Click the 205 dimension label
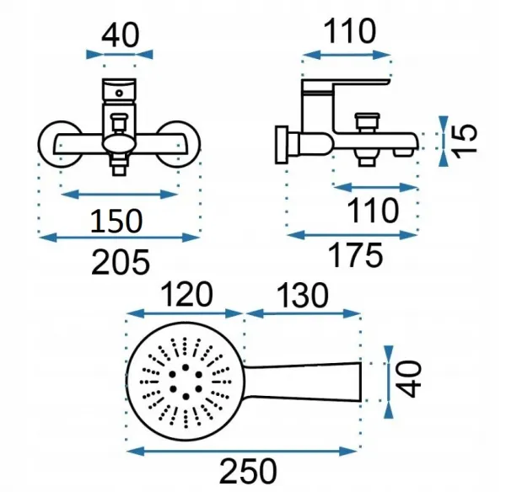[121, 261]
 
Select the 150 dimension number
[116, 221]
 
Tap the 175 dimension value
[357, 255]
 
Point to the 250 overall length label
[248, 471]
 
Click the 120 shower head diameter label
[186, 294]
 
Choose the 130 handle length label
[303, 295]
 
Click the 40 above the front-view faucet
[121, 35]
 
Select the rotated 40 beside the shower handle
[408, 379]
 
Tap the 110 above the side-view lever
[350, 31]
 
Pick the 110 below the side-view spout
[373, 211]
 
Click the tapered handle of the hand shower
[302, 381]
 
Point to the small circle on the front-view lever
[120, 94]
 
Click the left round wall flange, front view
[59, 144]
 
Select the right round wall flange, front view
[179, 144]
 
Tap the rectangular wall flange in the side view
[282, 144]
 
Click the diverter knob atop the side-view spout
[367, 123]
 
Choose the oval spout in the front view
[119, 144]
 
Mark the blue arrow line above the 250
[242, 451]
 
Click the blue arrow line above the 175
[352, 235]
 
